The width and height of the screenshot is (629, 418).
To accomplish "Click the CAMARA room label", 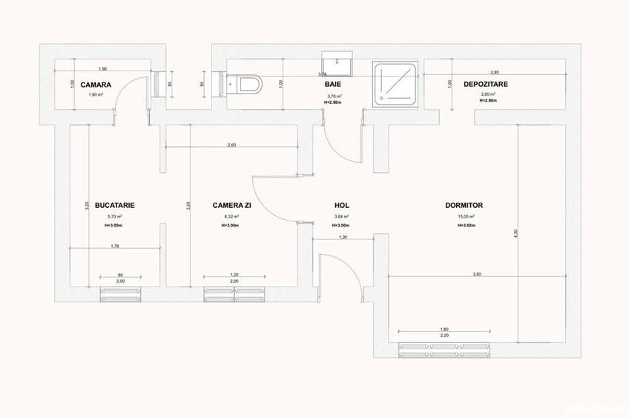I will [96, 85].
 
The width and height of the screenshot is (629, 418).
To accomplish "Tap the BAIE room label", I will [332, 85].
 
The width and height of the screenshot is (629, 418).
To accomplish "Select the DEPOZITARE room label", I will [485, 85].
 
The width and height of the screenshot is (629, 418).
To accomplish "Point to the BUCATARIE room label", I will [114, 205].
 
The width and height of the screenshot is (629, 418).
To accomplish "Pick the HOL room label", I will [342, 205].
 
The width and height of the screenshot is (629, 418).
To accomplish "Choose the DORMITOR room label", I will [464, 205].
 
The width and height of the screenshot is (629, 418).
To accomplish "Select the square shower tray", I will [395, 83].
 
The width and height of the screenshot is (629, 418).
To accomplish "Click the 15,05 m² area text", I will [465, 217].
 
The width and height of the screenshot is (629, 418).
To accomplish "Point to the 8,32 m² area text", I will [230, 217].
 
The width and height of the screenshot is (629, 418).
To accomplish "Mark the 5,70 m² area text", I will [113, 217].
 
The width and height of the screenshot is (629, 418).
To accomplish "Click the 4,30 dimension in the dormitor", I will [516, 235].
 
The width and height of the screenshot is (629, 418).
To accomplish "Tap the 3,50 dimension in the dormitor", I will [476, 275].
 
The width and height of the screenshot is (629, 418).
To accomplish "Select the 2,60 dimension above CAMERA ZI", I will [231, 145].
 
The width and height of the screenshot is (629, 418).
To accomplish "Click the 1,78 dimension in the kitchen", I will [115, 246].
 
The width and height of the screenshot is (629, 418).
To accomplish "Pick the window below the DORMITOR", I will [444, 349].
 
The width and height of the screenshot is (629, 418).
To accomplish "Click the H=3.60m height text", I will [465, 225].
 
